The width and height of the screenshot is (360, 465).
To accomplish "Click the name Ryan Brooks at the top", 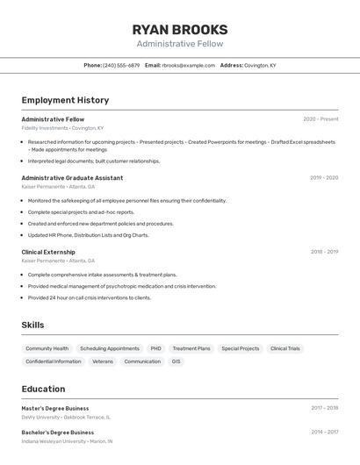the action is tap(180, 29).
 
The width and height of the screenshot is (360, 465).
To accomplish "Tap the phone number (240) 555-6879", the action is tap(121, 65).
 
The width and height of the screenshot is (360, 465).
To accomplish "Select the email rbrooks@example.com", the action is tap(188, 65).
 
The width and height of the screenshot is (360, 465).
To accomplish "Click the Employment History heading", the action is tap(65, 100).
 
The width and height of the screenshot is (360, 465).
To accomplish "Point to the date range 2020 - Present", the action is tap(320, 119).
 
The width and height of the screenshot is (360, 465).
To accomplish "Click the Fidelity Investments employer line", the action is tap(62, 128).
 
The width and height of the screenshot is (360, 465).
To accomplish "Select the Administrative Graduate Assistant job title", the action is tap(72, 177).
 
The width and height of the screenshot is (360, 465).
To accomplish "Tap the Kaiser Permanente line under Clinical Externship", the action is tap(58, 261).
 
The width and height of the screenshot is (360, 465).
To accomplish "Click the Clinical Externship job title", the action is tap(48, 252).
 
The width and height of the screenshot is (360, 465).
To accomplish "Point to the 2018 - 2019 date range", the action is tap(324, 252).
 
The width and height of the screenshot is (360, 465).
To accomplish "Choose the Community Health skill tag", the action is tap(47, 348).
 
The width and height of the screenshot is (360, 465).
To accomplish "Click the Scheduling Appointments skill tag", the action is tap(110, 348).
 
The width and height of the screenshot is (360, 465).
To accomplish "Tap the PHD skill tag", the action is tap(155, 348).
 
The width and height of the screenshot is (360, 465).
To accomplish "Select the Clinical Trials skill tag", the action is tap(284, 348).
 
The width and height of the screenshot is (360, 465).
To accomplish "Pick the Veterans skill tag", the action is tap(103, 361).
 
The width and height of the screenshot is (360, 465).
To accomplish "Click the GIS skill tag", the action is tap(176, 361).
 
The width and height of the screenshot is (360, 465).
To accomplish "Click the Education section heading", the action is tap(43, 389).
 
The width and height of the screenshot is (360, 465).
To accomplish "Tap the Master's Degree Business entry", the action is tap(55, 408).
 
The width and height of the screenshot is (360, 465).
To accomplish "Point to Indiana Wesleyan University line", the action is tap(67, 441).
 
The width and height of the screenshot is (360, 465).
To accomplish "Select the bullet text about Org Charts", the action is tap(88, 235).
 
